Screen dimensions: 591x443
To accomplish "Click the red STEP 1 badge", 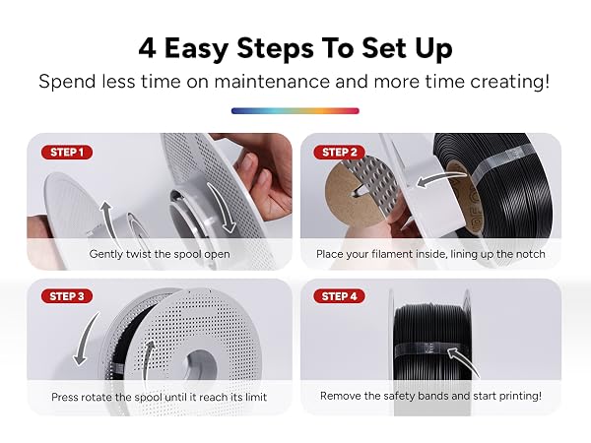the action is pyautogui.click(x=67, y=153).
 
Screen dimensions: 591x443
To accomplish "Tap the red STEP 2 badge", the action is pyautogui.click(x=339, y=153).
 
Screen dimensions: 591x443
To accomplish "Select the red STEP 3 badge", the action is pyautogui.click(x=67, y=296).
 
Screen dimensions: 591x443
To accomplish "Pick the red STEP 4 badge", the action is pyautogui.click(x=339, y=296).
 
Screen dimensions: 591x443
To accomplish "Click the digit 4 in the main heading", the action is pyautogui.click(x=147, y=48).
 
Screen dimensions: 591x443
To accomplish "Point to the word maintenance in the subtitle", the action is pyautogui.click(x=272, y=82).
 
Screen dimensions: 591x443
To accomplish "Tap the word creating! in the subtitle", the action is pyautogui.click(x=509, y=82).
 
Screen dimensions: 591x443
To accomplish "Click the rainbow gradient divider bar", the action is pyautogui.click(x=295, y=110).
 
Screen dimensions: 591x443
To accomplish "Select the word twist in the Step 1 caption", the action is pyautogui.click(x=139, y=254).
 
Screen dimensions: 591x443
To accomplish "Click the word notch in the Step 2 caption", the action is pyautogui.click(x=530, y=254).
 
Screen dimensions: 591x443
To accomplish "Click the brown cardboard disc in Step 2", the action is pyautogui.click(x=347, y=194).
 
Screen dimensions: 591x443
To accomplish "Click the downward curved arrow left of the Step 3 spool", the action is pyautogui.click(x=86, y=338).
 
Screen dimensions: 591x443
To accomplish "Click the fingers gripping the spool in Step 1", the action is pyautogui.click(x=264, y=177).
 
